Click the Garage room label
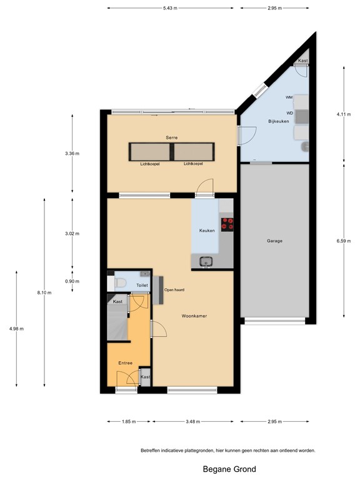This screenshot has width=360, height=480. coord(274,241)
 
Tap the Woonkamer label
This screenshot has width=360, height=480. coord(194,316)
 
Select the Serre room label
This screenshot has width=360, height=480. coord(172,137)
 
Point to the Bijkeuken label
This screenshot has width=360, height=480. coord(278,121)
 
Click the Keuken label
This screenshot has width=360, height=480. coord(207,231)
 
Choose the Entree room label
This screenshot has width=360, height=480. coord(126,363)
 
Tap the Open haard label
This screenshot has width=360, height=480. coord(174,290)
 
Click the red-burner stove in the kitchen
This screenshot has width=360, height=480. coord(227,223)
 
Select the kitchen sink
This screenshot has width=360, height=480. coord(206,262)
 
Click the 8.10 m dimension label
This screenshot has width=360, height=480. coord(44,292)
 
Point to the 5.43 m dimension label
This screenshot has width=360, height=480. coord(169,8)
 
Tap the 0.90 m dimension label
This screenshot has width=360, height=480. coord(73,281)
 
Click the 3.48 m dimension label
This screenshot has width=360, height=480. coord(193,422)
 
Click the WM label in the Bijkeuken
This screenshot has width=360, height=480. coord(289,97)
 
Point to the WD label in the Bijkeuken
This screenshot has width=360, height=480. coord(289,113)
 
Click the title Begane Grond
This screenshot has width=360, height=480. coord(229,469)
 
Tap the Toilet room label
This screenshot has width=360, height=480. coord(142,286)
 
